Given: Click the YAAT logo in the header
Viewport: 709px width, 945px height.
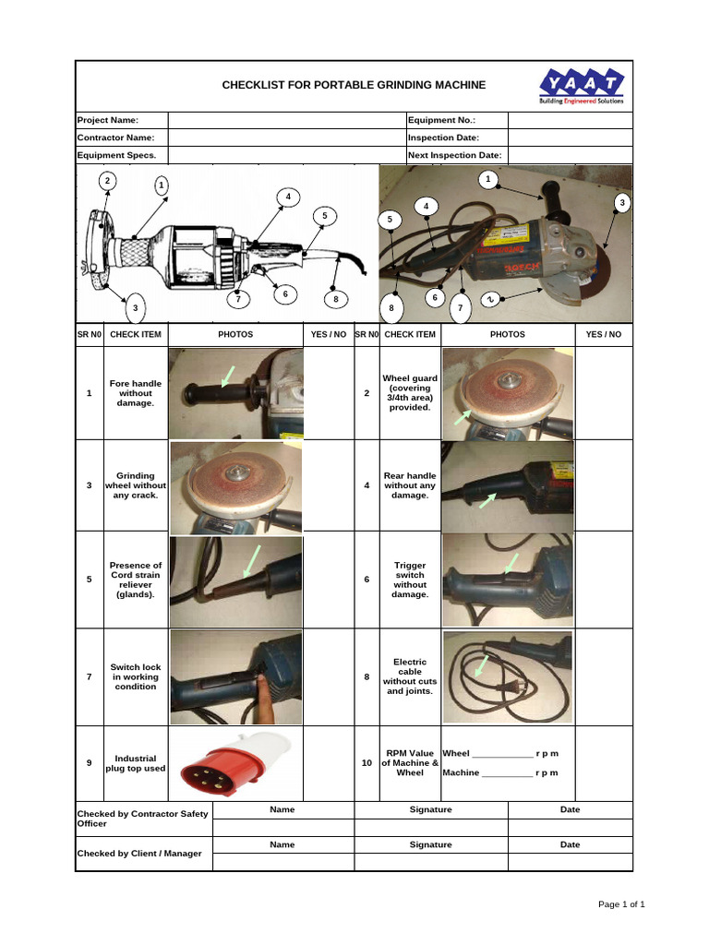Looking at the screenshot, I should pos(582,87).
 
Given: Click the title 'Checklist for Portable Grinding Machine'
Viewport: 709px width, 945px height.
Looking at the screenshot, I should pos(354,85).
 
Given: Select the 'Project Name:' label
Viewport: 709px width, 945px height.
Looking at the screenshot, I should pos(107,120).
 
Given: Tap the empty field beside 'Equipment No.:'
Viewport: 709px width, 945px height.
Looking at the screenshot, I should pos(570,120).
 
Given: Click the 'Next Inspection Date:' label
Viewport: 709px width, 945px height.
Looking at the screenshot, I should pos(454,156).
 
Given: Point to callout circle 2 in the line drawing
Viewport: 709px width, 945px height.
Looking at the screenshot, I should pos(108,180).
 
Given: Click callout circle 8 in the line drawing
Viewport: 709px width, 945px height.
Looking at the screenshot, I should pos(336,299).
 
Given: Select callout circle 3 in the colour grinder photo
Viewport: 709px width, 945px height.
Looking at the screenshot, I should pos(622,202).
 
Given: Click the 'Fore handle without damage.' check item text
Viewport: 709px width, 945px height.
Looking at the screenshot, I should pos(136,393).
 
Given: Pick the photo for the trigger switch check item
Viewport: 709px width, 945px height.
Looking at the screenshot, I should pos(508,580).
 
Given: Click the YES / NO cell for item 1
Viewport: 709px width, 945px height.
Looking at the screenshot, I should pos(329,393).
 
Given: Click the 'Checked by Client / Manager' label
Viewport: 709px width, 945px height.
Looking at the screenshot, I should pos(138,854).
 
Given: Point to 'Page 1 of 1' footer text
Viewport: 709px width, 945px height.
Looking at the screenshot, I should pos(621,904).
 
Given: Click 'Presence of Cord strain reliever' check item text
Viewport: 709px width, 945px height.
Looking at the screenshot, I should pos(136,580).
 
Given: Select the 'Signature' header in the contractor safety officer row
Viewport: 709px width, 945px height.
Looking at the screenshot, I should pos(430,809).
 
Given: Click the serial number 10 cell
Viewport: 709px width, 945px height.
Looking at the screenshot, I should pos(367,763).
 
